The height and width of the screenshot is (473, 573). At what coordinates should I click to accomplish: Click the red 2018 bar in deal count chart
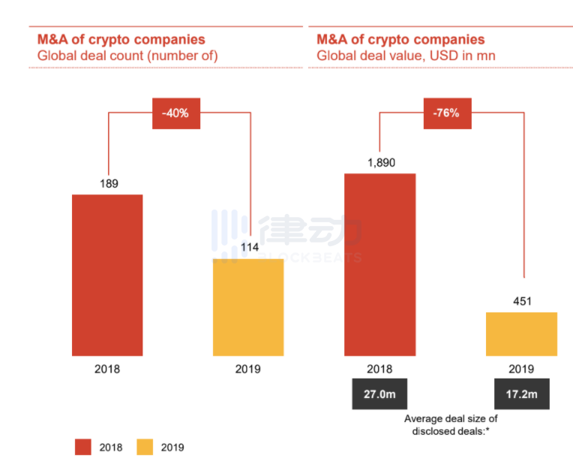tap(107, 275)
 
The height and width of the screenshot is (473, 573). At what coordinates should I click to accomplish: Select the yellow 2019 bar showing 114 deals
tap(248, 307)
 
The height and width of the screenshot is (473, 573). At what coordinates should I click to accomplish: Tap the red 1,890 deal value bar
tap(379, 264)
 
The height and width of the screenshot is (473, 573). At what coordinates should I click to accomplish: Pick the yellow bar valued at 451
tap(521, 334)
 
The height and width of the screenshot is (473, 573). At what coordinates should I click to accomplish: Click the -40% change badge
tap(176, 113)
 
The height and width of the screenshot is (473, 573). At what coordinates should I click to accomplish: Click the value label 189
tap(107, 183)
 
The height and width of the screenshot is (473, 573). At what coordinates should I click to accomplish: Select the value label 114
tap(248, 248)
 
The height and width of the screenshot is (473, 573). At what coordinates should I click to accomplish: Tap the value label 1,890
tap(379, 162)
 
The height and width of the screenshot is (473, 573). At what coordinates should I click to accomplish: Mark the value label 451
tap(521, 301)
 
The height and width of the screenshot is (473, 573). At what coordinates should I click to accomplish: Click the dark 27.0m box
tap(380, 393)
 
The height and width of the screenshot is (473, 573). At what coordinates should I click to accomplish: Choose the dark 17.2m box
tap(521, 393)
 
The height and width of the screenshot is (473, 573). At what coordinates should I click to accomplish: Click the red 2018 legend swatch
tap(83, 447)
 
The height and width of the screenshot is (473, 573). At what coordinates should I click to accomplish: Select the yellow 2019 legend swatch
tap(145, 447)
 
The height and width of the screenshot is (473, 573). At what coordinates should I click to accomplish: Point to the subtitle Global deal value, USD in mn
tap(405, 56)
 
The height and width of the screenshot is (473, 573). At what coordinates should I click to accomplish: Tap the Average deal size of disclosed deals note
tap(451, 424)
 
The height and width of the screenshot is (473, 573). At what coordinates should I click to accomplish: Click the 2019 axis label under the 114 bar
tap(248, 369)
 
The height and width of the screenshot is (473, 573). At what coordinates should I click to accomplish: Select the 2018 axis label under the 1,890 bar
tap(379, 369)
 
